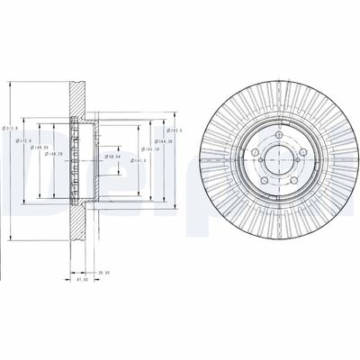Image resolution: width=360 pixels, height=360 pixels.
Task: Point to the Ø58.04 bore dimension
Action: [x=112, y=157]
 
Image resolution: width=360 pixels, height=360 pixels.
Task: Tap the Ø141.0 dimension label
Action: [x=138, y=162]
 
